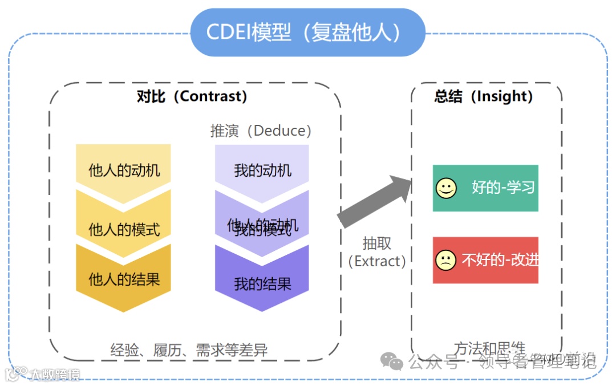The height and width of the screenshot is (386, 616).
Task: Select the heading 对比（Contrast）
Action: (192, 96)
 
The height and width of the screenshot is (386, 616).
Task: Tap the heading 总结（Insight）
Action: (484, 96)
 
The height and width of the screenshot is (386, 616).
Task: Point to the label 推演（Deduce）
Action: (261, 131)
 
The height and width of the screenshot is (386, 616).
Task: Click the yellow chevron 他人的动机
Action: (124, 170)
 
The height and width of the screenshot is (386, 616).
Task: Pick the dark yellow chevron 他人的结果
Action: (124, 279)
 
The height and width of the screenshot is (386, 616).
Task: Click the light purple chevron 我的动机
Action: (262, 170)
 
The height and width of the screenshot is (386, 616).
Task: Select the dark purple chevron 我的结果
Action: (262, 283)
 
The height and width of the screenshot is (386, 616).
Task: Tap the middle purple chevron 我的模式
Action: (262, 228)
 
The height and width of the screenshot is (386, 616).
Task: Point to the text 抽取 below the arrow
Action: (377, 243)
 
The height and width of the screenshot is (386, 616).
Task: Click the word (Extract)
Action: (377, 261)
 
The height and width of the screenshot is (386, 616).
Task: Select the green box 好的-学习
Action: (485, 188)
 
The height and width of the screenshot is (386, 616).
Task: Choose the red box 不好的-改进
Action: (485, 260)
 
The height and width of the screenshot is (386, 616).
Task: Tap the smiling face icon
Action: (446, 188)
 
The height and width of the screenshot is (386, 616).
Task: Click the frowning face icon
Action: (446, 260)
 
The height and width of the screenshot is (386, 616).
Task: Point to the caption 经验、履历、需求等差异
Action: (189, 350)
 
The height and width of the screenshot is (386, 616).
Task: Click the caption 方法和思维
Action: (489, 347)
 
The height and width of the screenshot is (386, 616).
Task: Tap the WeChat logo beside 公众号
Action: (392, 361)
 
